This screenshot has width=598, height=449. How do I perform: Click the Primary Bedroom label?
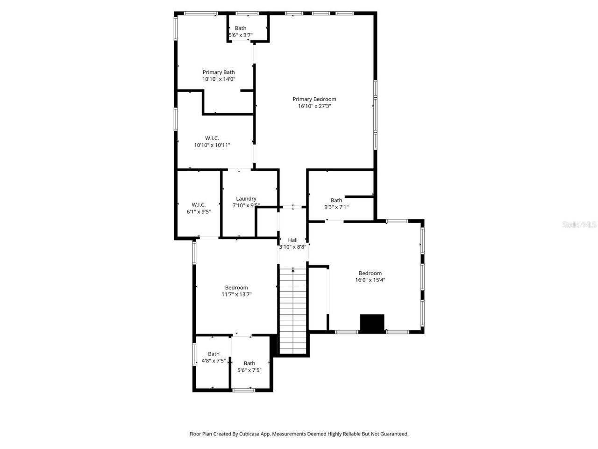point(314,99)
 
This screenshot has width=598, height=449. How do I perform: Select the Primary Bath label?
point(219,72)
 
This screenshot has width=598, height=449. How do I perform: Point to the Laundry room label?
point(246,198)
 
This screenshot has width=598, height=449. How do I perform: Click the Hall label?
point(292,240)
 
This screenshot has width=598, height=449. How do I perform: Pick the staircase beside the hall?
point(293,311)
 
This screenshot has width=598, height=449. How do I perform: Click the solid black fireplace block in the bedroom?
point(372,324)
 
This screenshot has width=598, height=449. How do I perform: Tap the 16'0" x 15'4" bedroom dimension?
point(370,280)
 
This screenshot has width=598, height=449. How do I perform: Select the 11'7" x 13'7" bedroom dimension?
point(236,295)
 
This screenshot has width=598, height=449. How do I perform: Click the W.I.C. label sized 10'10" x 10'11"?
point(212,138)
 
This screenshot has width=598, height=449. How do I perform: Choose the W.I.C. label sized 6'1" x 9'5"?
point(199,204)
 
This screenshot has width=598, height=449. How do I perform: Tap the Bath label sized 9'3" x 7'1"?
point(336,200)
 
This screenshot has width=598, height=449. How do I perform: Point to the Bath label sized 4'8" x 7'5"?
point(214,354)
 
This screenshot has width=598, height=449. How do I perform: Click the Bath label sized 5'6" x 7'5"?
point(249,363)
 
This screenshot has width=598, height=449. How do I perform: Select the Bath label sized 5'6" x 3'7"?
point(241,28)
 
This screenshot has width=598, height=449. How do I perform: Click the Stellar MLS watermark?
point(579,225)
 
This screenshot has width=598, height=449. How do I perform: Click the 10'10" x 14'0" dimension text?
point(219,80)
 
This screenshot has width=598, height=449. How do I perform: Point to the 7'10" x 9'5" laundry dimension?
point(246,205)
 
